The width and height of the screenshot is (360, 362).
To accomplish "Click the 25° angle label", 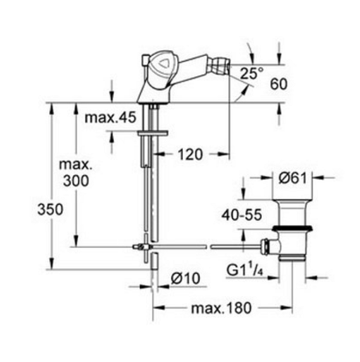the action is click(252, 73).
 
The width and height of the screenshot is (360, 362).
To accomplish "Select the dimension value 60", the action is click(279, 84).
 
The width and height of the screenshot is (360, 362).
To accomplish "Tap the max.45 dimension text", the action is click(110, 117).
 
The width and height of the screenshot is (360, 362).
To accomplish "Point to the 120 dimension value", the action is click(190, 154).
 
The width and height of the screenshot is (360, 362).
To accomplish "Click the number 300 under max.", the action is click(76, 181).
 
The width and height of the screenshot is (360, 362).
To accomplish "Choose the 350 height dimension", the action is click(50, 209).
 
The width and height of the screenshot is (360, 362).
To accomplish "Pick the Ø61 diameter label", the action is click(292, 178).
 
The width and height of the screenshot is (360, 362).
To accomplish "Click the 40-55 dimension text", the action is click(242, 215).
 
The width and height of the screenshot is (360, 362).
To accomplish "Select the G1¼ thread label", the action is click(245, 269).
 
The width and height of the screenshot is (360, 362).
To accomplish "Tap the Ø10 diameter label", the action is click(185, 278).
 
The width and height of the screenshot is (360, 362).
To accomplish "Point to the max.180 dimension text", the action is click(221, 308).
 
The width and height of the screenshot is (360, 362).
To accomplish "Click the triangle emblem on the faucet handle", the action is click(163, 63).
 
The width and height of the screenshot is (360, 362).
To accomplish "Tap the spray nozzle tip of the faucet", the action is click(228, 66).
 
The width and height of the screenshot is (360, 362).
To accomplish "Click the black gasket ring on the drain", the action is click(292, 228).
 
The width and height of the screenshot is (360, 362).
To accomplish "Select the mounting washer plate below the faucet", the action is click(152, 133).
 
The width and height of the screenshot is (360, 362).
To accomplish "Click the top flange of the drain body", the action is click(292, 201).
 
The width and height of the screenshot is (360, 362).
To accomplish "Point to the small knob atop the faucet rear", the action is click(145, 59).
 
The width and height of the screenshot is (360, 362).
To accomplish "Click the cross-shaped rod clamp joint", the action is click(146, 247).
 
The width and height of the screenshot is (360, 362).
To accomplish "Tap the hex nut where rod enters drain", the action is click(266, 247).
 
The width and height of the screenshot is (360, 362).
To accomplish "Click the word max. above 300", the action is click(76, 165).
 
